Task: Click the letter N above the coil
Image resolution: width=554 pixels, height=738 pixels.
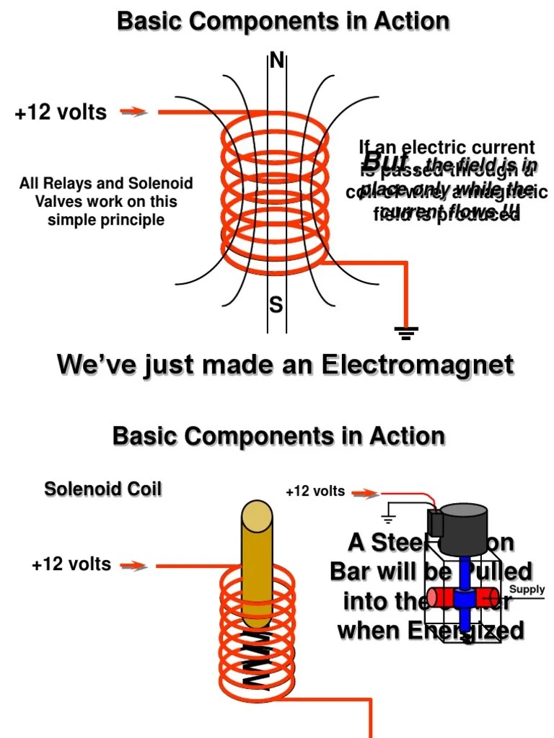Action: (x=276, y=61)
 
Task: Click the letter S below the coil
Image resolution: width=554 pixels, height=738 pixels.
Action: (x=276, y=306)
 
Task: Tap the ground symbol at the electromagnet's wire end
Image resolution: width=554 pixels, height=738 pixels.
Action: (x=407, y=332)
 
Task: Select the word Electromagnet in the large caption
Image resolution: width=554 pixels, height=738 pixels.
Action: (x=418, y=364)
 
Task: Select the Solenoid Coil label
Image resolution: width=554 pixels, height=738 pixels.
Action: (x=103, y=489)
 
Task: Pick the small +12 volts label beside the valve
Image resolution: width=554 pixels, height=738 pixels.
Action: (x=315, y=492)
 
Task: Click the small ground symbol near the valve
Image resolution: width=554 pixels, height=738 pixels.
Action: (x=389, y=517)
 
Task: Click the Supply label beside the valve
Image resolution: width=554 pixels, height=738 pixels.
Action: (x=527, y=590)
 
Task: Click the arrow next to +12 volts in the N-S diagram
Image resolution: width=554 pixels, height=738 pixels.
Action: (x=134, y=112)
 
